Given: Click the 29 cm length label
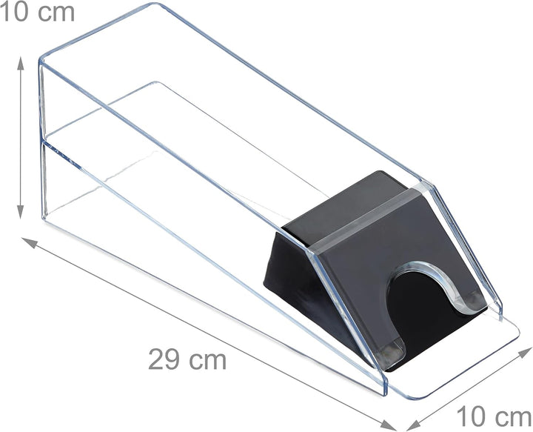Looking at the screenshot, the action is tap(187, 359).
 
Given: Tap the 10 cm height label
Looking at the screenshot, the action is tap(37, 12).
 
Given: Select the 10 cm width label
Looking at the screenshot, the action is tap(494, 416).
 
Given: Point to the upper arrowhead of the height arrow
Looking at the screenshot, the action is tap(21, 63).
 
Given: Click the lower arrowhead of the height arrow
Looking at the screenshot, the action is tap(21, 212).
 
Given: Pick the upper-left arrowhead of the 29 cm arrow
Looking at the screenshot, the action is tap(29, 242).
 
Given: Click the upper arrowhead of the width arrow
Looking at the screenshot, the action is tap(524, 353).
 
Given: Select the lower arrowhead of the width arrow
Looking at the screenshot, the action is tap(414, 425).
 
